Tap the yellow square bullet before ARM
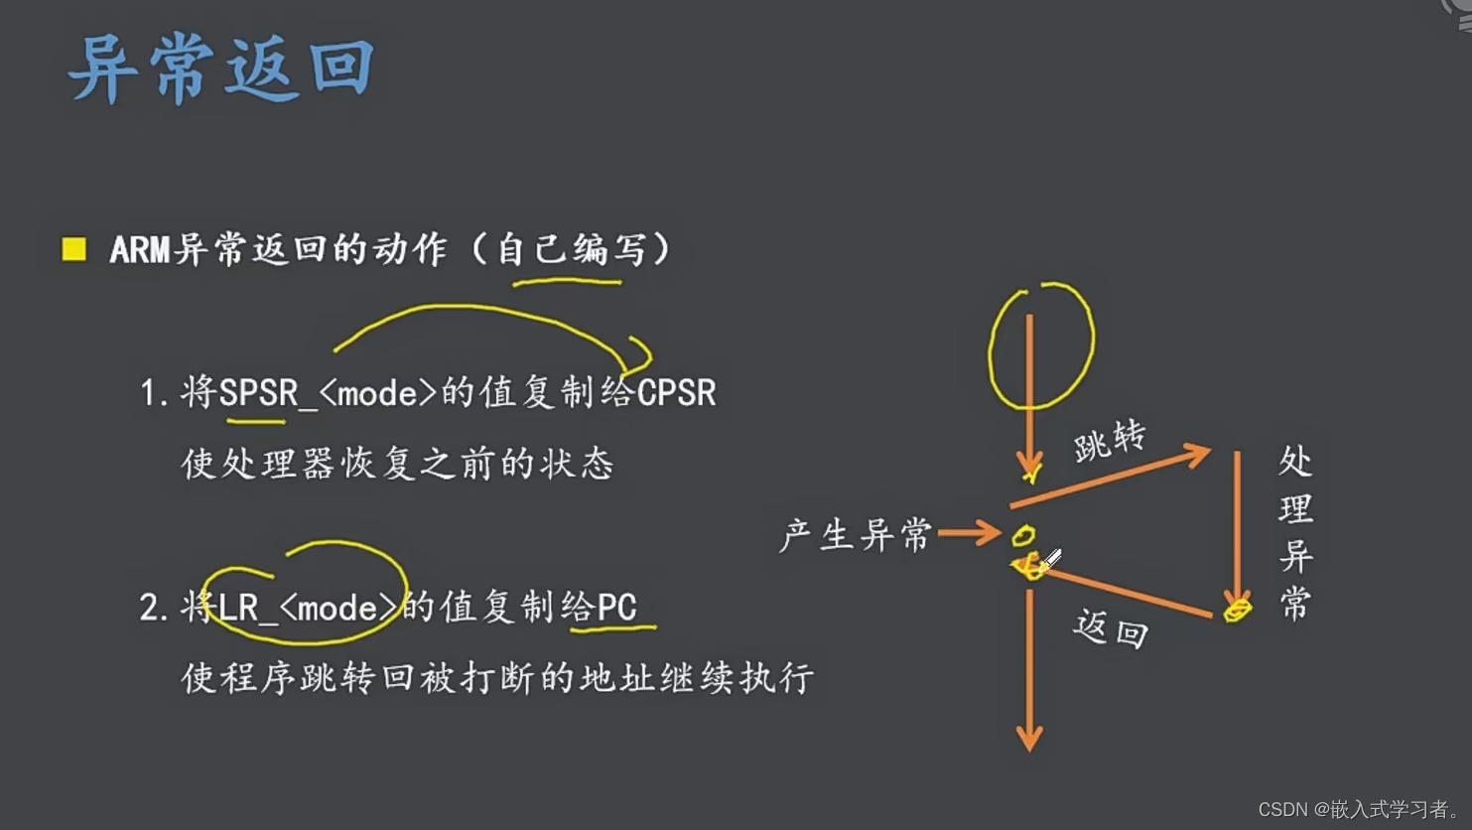(x=74, y=248)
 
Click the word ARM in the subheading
(x=140, y=249)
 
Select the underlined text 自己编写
(x=570, y=249)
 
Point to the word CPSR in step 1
(x=676, y=393)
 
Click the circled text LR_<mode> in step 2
(x=308, y=607)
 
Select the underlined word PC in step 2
(x=616, y=607)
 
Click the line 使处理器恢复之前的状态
(x=397, y=464)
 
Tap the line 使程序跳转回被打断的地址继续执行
(x=496, y=678)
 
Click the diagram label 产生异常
(x=856, y=535)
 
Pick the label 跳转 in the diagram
(x=1110, y=440)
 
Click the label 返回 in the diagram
(x=1111, y=629)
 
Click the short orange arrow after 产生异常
(x=969, y=533)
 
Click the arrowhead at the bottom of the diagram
(x=1029, y=739)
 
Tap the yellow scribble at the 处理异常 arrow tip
(x=1237, y=610)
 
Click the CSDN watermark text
(x=1359, y=809)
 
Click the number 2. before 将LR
(x=153, y=608)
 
